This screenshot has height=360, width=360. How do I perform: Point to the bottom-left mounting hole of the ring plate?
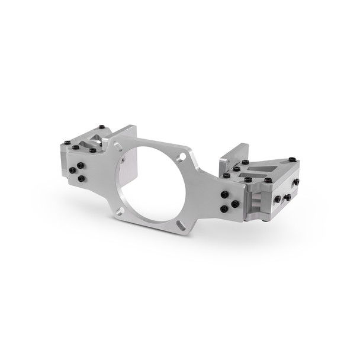click(x=121, y=210)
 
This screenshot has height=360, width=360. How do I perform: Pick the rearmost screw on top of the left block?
click(x=102, y=126)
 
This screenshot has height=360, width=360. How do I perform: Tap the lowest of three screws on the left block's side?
click(x=81, y=178)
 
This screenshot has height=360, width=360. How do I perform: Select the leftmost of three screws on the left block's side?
click(x=72, y=171)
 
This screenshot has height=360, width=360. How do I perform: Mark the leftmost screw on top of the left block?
click(x=67, y=143)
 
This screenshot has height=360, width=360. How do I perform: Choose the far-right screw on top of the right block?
click(x=292, y=159)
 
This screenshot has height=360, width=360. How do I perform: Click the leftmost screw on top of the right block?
click(x=226, y=175)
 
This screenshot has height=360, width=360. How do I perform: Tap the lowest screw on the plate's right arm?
click(x=224, y=209)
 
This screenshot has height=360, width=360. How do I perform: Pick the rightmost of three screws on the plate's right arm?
click(x=235, y=204)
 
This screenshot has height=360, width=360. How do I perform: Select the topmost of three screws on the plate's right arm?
click(x=225, y=194)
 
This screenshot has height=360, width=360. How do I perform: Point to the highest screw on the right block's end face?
click(x=295, y=182)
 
